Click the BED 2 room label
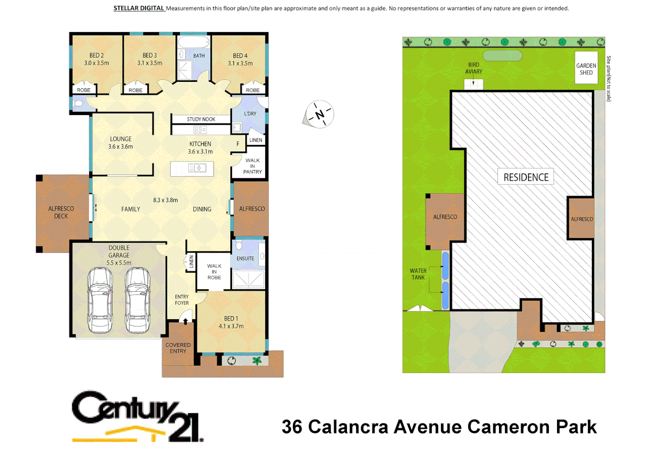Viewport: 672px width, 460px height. pyautogui.click(x=97, y=55)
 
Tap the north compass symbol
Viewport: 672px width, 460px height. pyautogui.click(x=320, y=114)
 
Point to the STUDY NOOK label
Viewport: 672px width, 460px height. pyautogui.click(x=201, y=119)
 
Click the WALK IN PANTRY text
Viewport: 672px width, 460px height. pyautogui.click(x=252, y=166)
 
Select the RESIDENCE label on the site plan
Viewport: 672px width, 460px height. pyautogui.click(x=526, y=177)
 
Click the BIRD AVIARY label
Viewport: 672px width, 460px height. pyautogui.click(x=473, y=68)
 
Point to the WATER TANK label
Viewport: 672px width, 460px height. pyautogui.click(x=418, y=274)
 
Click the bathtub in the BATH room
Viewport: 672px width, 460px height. pyautogui.click(x=193, y=42)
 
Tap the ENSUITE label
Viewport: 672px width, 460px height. pyautogui.click(x=245, y=259)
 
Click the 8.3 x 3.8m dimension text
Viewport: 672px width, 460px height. pyautogui.click(x=165, y=200)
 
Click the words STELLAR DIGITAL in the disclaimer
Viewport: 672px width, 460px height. pyautogui.click(x=139, y=8)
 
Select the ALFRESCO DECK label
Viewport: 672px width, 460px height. pyautogui.click(x=61, y=212)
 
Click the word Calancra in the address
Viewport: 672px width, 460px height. pyautogui.click(x=348, y=427)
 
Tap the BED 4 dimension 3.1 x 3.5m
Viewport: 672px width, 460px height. pyautogui.click(x=240, y=63)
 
